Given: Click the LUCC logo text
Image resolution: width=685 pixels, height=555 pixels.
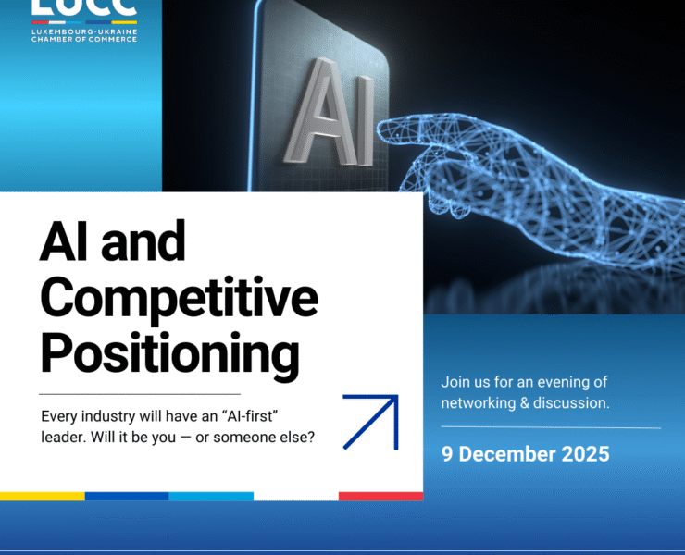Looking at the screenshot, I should coord(84,8).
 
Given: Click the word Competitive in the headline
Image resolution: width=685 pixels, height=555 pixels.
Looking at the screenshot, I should coord(179,298).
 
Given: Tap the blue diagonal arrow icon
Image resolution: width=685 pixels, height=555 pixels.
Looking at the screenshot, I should coord(371,422).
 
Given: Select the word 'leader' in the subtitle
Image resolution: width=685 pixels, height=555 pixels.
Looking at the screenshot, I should coord(64,438).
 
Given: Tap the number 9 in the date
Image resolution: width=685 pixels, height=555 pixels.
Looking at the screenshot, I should coord(447,454).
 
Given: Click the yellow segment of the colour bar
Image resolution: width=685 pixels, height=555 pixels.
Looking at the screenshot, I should coord(42,497).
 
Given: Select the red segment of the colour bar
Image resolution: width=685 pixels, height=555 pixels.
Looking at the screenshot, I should coord(380,497).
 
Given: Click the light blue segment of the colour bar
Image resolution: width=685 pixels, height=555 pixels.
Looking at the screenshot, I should coord(211,497).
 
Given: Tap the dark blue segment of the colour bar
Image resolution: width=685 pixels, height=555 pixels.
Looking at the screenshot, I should coord(127,497).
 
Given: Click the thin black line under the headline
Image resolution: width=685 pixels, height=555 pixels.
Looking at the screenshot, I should coord(140,394).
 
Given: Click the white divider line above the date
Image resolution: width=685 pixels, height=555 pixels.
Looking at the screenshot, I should coord(551,428).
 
